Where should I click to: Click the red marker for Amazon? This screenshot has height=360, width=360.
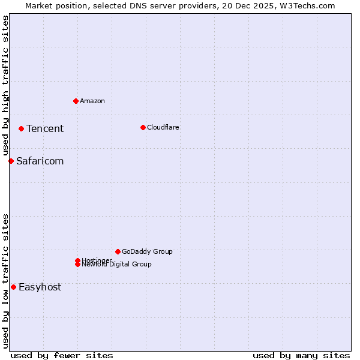[x=76, y=101]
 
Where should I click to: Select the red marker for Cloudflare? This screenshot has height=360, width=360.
[x=143, y=127]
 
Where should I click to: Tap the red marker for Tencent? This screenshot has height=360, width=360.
[x=21, y=128]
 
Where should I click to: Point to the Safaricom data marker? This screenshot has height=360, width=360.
[x=11, y=161]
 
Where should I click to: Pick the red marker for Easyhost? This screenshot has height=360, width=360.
[x=13, y=287]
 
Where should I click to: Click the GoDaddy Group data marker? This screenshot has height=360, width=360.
[x=118, y=251]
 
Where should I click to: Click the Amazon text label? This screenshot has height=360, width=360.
[x=92, y=101]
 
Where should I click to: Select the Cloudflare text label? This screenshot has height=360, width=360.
[x=163, y=127]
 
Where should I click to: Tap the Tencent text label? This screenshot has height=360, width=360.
[x=45, y=128]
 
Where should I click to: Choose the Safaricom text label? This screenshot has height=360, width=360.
[x=40, y=161]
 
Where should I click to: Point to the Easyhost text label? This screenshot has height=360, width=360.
[x=40, y=287]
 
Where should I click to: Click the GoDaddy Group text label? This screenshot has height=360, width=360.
[x=147, y=251]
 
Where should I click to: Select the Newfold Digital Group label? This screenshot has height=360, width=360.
[x=117, y=265]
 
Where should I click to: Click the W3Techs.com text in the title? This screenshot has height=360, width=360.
[x=309, y=5]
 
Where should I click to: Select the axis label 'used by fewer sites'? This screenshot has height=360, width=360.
[x=62, y=355]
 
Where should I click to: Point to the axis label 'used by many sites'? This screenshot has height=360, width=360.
[x=301, y=355]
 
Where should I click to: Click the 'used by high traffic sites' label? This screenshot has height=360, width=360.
[x=5, y=86]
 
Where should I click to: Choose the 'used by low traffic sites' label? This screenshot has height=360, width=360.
[x=5, y=281]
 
